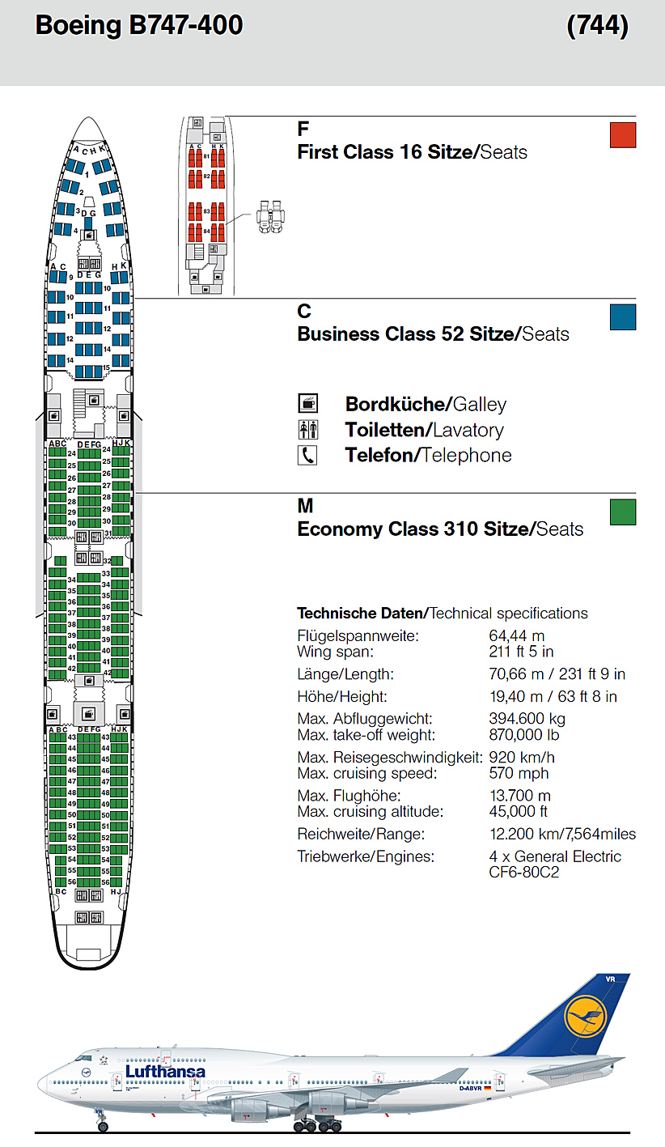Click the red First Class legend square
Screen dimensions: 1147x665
click(623, 134)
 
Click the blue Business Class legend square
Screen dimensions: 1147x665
click(623, 317)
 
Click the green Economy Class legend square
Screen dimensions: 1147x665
click(623, 512)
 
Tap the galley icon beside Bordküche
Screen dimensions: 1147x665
click(308, 403)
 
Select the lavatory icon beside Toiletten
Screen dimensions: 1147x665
click(308, 430)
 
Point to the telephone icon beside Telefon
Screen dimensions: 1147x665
click(308, 455)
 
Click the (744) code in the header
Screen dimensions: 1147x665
click(598, 26)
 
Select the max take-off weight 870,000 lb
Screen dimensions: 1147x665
click(523, 735)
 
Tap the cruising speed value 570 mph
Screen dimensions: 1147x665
click(519, 773)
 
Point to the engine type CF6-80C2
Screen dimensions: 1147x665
click(524, 873)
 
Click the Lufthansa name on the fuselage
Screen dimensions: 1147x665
click(165, 1072)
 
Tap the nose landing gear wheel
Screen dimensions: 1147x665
click(103, 1126)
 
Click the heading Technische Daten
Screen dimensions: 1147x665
click(361, 614)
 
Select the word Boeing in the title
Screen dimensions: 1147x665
click(78, 26)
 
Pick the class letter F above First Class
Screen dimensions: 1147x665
click(303, 130)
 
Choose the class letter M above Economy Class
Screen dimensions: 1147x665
click(305, 507)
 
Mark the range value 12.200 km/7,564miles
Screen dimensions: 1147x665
click(562, 834)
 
